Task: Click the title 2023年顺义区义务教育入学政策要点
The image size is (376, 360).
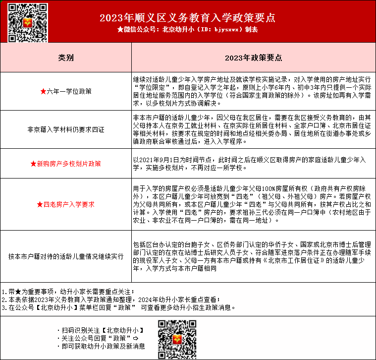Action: pyautogui.click(x=187, y=18)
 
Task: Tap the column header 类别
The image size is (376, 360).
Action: pyautogui.click(x=66, y=58)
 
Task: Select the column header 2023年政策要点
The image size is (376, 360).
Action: pyautogui.click(x=253, y=58)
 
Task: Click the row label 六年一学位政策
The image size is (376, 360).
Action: pyautogui.click(x=68, y=91)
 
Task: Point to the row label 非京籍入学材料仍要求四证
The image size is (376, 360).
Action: pyautogui.click(x=66, y=129)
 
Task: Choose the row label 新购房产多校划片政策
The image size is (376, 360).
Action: pyautogui.click(x=68, y=163)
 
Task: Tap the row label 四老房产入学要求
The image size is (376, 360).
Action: pyautogui.click(x=68, y=204)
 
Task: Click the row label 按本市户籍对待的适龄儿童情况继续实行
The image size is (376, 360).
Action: pyautogui.click(x=66, y=256)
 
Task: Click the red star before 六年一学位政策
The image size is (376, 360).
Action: pyautogui.click(x=43, y=91)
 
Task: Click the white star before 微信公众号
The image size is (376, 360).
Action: pyautogui.click(x=120, y=30)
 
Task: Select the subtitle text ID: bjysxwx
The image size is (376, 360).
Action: pyautogui.click(x=220, y=30)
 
